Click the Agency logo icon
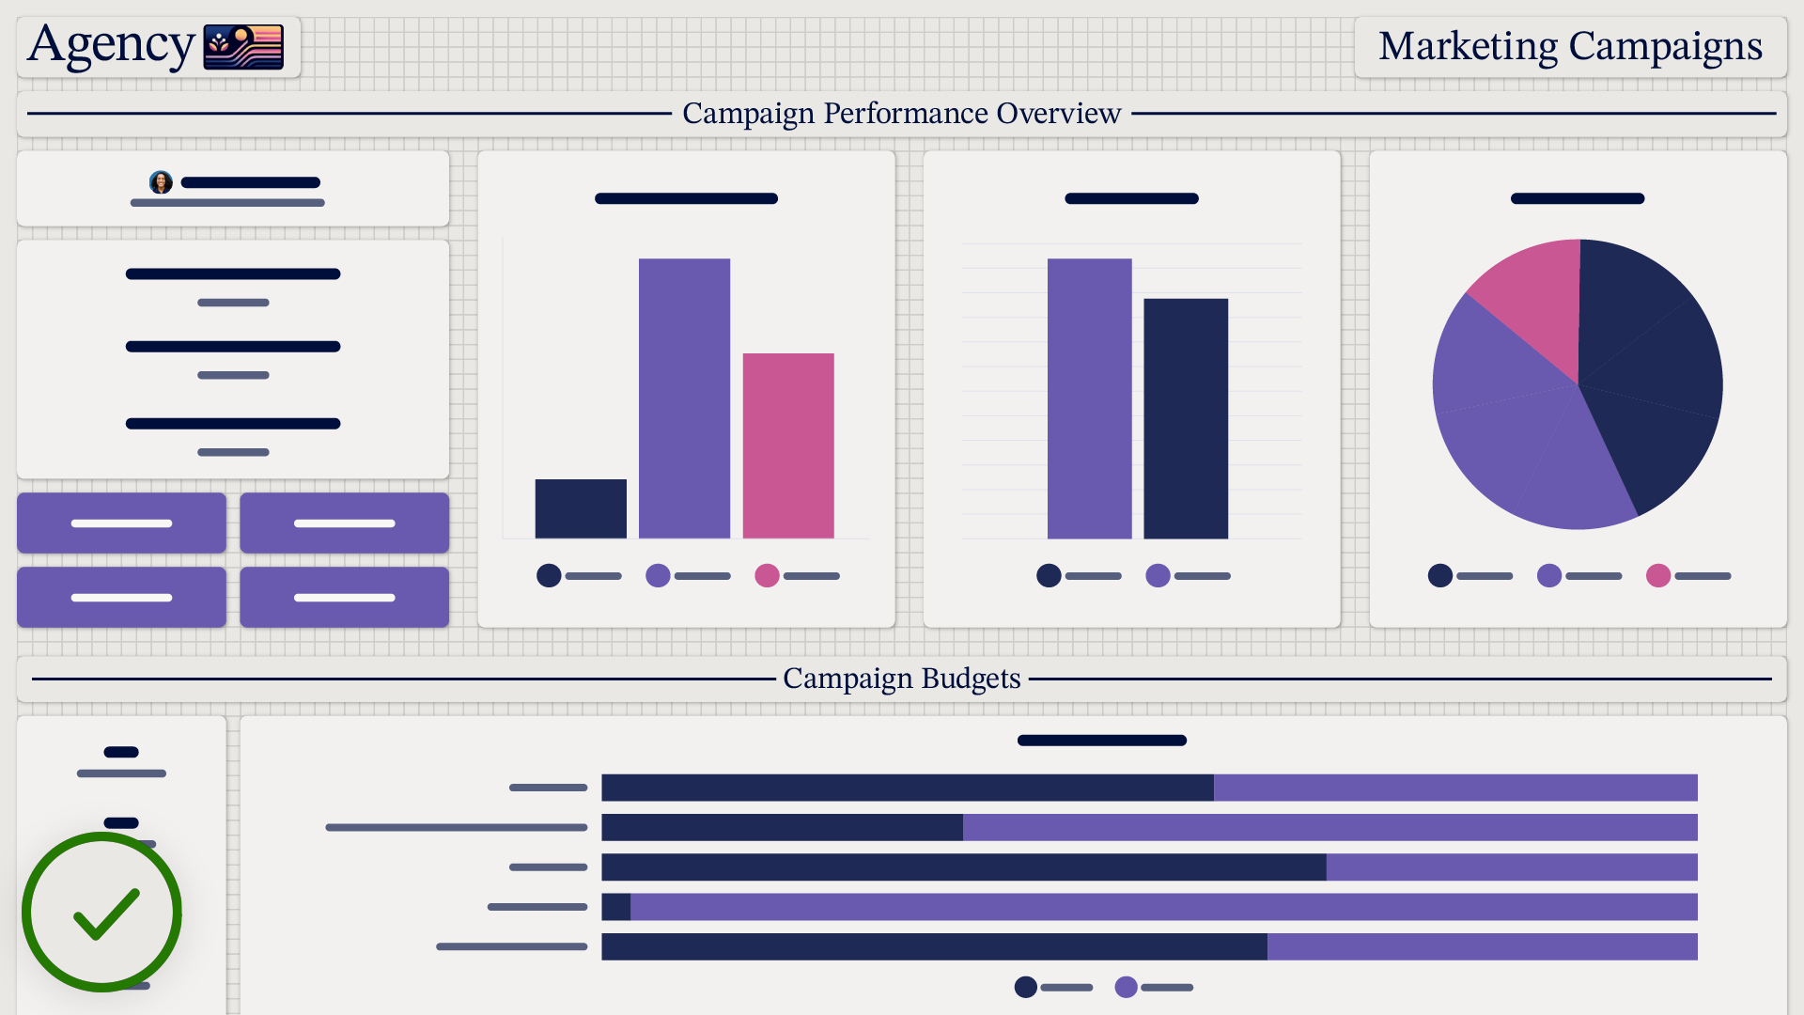click(243, 47)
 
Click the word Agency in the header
click(111, 45)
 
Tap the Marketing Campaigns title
click(1570, 46)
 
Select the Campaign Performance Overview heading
click(901, 113)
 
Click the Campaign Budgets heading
click(901, 679)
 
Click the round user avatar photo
click(161, 182)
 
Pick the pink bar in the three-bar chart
click(788, 445)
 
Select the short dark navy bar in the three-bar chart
click(581, 508)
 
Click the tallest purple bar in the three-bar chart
click(684, 398)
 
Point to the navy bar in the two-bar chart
click(1186, 418)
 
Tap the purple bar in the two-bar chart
click(1089, 398)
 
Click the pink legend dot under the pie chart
click(1658, 575)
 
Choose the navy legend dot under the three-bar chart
click(549, 575)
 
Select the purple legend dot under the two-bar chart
click(1158, 575)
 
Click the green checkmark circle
click(101, 912)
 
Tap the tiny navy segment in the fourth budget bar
click(615, 907)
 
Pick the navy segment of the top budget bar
click(907, 788)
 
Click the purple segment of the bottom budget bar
click(1482, 946)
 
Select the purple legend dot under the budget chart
click(1126, 987)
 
